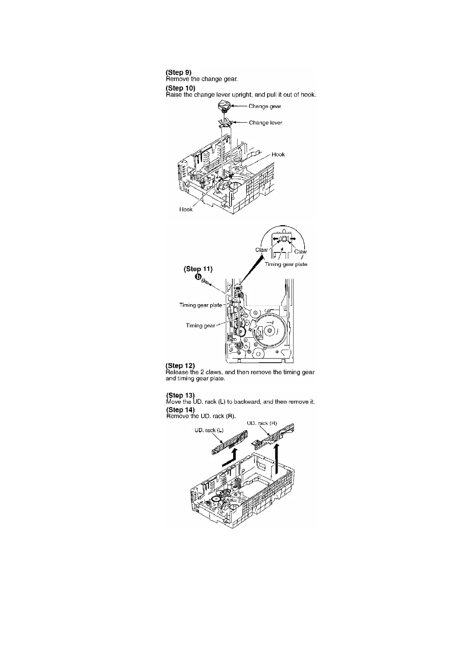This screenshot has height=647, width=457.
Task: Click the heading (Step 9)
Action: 178,72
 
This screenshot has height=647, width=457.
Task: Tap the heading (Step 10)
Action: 180,88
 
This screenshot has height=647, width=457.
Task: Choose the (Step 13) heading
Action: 180,395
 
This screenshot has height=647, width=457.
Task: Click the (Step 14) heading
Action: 180,410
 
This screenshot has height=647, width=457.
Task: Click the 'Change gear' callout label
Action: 265,106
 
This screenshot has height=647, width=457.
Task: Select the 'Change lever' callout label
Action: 265,123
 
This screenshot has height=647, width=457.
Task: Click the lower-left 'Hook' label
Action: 186,209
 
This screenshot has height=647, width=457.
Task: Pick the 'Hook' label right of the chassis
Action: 278,154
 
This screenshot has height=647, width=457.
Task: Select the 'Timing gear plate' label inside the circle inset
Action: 286,264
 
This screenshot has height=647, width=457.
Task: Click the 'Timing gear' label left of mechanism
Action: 200,326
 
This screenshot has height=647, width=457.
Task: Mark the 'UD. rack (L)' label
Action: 209,430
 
